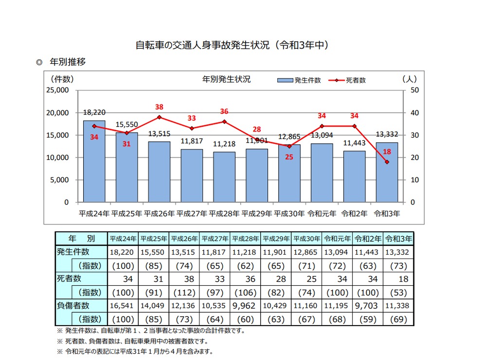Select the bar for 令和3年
click(x=387, y=175)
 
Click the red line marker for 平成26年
click(x=160, y=117)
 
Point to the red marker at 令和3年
click(x=387, y=162)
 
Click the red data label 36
click(x=224, y=111)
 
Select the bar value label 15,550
click(x=126, y=125)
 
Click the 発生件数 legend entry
click(x=299, y=80)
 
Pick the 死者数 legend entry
click(x=348, y=80)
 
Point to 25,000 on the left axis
click(x=58, y=90)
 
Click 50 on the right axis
click(x=414, y=90)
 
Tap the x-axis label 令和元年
click(x=322, y=213)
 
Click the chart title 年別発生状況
click(x=226, y=80)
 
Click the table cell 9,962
click(x=245, y=306)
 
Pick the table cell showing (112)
click(x=184, y=292)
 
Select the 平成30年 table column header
click(x=307, y=239)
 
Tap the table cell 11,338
click(x=398, y=306)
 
